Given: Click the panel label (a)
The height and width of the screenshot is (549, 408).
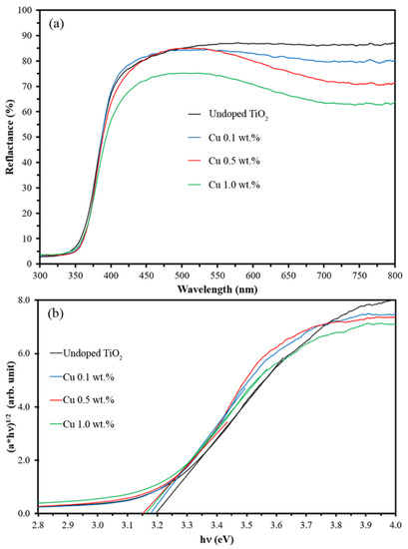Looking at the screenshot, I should (58, 20).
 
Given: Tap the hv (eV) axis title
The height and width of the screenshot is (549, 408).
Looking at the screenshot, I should (217, 539).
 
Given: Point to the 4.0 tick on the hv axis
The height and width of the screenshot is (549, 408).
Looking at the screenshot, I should (395, 523).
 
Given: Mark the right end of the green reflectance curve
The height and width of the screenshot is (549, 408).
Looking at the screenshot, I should (395, 103).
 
